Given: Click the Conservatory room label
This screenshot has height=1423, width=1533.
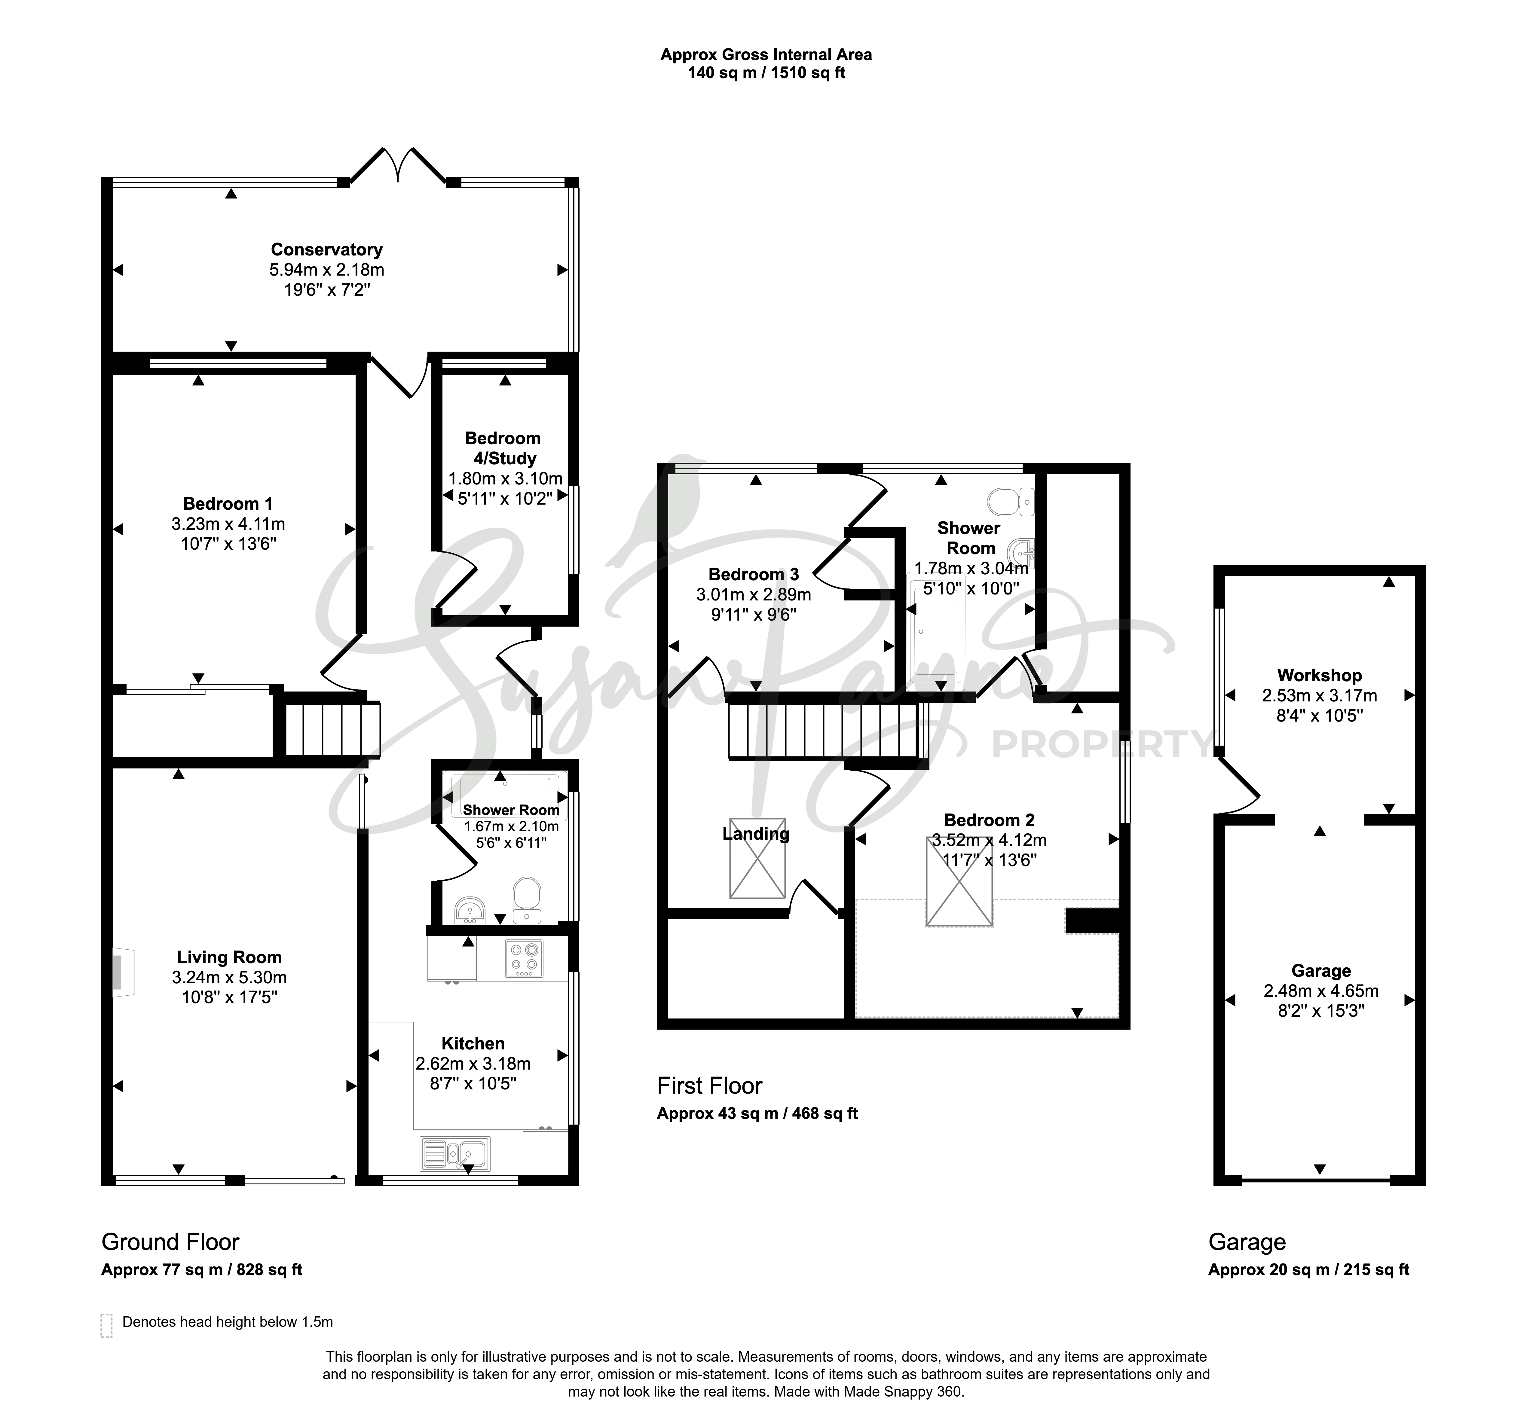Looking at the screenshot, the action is [327, 249].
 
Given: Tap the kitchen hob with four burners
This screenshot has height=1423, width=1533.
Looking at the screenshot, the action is [524, 959].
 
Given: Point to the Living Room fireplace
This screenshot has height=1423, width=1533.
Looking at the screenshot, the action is [122, 973].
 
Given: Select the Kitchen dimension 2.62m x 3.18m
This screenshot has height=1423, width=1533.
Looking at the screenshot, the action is [473, 1063].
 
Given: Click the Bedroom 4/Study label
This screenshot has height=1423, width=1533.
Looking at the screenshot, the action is [503, 448].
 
